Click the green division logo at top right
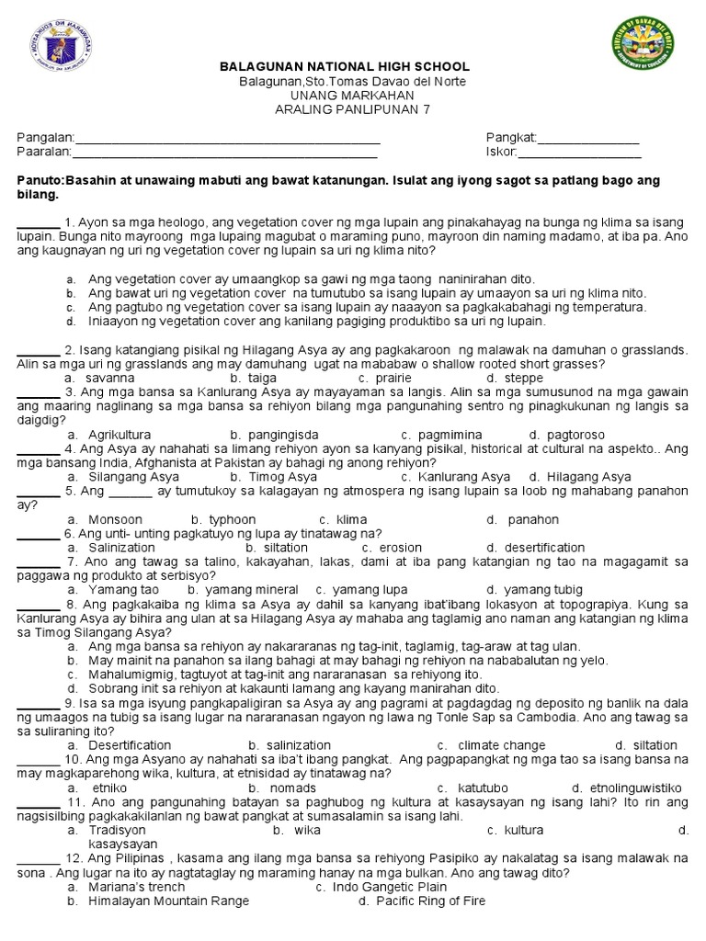pyautogui.click(x=642, y=45)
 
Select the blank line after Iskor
pyautogui.click(x=579, y=153)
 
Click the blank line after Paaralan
pyautogui.click(x=226, y=153)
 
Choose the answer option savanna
pyautogui.click(x=109, y=378)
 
